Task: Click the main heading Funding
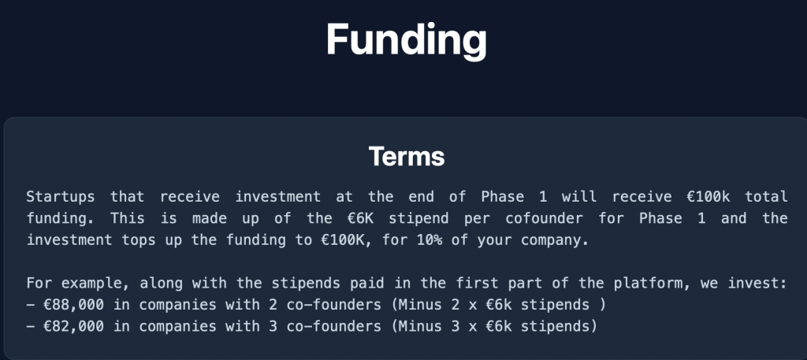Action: coord(406,40)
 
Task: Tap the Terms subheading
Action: coord(406,156)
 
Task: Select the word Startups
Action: coord(60,197)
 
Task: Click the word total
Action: coord(766,197)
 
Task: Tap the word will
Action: coord(579,197)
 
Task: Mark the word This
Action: coord(127,218)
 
